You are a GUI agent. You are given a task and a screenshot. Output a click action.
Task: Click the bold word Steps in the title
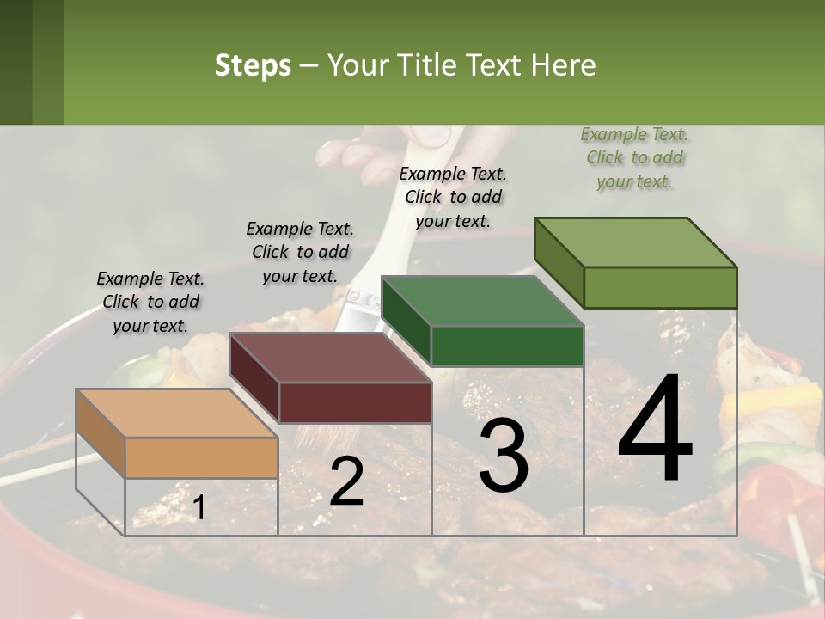[x=253, y=65]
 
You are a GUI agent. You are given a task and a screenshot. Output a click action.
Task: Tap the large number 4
[x=655, y=429]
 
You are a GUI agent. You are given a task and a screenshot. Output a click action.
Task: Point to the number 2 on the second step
[x=346, y=481]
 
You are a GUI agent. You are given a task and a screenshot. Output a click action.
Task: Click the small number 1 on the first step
[x=199, y=508]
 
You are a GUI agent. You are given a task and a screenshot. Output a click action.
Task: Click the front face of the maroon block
[x=355, y=401]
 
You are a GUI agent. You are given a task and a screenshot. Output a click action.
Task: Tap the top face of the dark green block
[x=482, y=302]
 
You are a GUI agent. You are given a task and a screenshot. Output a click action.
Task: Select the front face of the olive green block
[x=660, y=287]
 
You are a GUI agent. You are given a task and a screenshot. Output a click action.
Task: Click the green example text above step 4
[x=635, y=157]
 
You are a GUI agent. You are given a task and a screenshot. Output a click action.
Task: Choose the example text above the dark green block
[x=453, y=197]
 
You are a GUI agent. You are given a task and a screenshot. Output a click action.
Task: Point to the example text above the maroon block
[x=300, y=252]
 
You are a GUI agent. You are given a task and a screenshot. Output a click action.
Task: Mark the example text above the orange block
[x=150, y=302]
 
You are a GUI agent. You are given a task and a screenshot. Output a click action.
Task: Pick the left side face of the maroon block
[x=254, y=378]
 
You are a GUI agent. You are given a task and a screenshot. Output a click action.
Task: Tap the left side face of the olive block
[x=559, y=263]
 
